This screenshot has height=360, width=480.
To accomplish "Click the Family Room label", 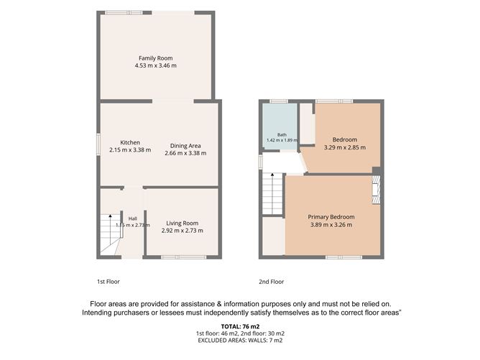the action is (155, 58).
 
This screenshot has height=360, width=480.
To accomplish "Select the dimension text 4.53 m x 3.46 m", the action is (155, 65).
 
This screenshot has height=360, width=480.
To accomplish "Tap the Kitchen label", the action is (130, 143).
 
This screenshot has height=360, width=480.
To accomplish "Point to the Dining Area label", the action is (185, 146).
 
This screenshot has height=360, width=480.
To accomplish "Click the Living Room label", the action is (182, 223).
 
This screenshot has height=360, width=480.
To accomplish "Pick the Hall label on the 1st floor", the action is (132, 218).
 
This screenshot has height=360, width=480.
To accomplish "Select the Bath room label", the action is (282, 134).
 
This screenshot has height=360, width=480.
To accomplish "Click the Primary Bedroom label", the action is (331, 217).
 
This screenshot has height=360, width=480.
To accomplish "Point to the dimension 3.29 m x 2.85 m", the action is (345, 147).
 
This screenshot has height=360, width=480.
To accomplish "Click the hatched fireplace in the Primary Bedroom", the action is (376, 190).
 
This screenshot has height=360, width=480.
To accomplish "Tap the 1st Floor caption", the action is (109, 282).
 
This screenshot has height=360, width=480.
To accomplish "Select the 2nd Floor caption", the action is (271, 282).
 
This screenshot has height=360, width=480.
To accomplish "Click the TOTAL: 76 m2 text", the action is (240, 327).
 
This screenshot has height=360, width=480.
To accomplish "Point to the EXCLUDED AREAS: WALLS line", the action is (240, 340).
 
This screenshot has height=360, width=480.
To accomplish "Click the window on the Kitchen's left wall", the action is (98, 142).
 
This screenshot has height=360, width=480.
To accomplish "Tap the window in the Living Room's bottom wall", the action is (184, 257).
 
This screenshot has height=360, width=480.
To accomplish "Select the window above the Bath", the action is (279, 101).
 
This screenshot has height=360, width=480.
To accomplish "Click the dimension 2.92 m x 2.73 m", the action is (182, 231).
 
